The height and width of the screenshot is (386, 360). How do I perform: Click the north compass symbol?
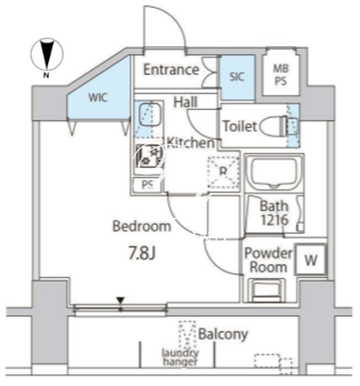click(x=47, y=55)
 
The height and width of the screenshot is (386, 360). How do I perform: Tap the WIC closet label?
click(x=98, y=97)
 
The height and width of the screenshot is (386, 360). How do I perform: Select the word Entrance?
click(x=171, y=70)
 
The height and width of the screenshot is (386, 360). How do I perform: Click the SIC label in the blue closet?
click(x=237, y=77)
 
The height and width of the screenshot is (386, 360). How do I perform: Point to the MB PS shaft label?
click(x=280, y=75)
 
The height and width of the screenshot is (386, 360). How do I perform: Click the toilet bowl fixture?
click(x=273, y=126)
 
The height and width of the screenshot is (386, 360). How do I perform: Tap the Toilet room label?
click(x=240, y=127)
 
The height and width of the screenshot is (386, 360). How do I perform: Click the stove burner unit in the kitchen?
click(x=149, y=157)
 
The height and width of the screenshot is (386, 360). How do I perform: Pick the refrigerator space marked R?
click(x=223, y=173)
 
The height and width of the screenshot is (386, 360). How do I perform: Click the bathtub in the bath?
click(x=275, y=172)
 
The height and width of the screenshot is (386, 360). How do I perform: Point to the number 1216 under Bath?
click(x=274, y=220)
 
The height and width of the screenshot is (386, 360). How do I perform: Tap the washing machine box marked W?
click(x=310, y=259)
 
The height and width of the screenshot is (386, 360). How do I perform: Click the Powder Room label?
click(x=268, y=260)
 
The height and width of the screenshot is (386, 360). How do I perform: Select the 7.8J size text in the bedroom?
click(x=142, y=253)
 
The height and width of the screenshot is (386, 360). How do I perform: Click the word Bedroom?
click(x=142, y=227)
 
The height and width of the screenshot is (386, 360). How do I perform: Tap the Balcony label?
click(x=223, y=334)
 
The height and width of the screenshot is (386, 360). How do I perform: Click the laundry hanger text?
click(x=180, y=357)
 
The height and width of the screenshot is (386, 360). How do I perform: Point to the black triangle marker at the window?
click(x=120, y=301)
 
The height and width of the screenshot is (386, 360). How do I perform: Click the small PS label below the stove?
click(x=148, y=185)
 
